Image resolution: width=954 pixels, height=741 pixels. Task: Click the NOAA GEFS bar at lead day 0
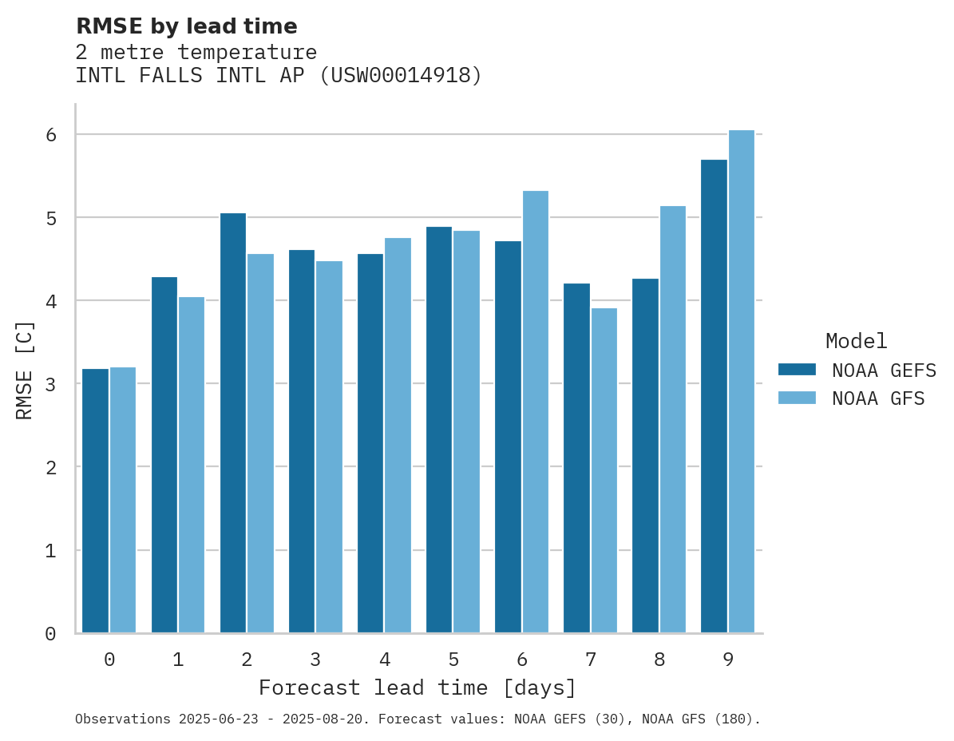(x=95, y=501)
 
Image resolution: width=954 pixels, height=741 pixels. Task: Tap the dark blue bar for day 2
(x=233, y=423)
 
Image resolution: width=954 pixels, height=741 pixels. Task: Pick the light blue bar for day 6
(x=536, y=412)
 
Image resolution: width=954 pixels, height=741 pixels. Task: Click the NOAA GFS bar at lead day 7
(x=604, y=470)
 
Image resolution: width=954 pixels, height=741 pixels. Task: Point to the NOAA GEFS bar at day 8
(x=645, y=455)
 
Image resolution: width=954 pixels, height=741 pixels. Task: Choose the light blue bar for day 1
(x=192, y=465)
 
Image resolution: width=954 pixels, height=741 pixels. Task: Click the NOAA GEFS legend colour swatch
(x=797, y=369)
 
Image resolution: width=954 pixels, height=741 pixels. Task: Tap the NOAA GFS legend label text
(x=878, y=398)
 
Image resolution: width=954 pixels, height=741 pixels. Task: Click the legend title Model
(x=856, y=341)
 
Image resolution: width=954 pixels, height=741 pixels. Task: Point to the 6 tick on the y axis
(x=51, y=134)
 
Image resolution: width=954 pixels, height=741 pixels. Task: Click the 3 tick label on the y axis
(x=51, y=384)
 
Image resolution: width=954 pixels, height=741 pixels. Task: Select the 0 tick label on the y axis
(x=51, y=634)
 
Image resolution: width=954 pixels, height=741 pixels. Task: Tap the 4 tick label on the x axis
(x=385, y=660)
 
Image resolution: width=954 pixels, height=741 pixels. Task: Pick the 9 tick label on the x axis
(x=728, y=660)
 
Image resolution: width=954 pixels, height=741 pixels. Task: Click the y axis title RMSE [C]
(x=25, y=369)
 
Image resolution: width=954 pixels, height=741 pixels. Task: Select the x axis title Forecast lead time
(x=417, y=688)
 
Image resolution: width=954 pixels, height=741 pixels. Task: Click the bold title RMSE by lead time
(x=186, y=26)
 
